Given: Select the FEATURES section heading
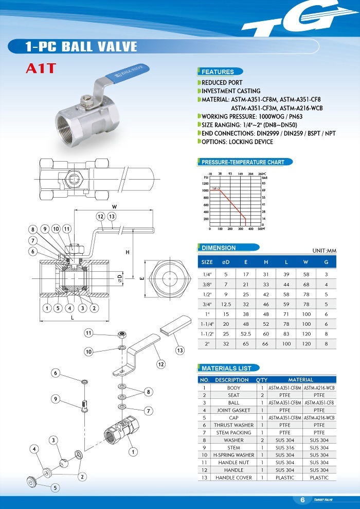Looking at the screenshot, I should coord(218,72).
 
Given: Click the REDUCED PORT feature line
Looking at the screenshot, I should coord(222,82).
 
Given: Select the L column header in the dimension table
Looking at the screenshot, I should coord(286,262).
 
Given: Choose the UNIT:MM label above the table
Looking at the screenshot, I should coord(324,251).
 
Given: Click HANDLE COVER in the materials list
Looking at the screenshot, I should coord(233,478).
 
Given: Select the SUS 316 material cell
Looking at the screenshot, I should coord(284,448).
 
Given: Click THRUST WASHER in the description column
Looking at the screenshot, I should coord(233,425).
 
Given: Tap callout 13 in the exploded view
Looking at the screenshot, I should coord(179,350).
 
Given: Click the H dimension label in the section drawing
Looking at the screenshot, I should coord(127,252).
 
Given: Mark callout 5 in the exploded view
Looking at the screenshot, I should coord(55,487).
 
